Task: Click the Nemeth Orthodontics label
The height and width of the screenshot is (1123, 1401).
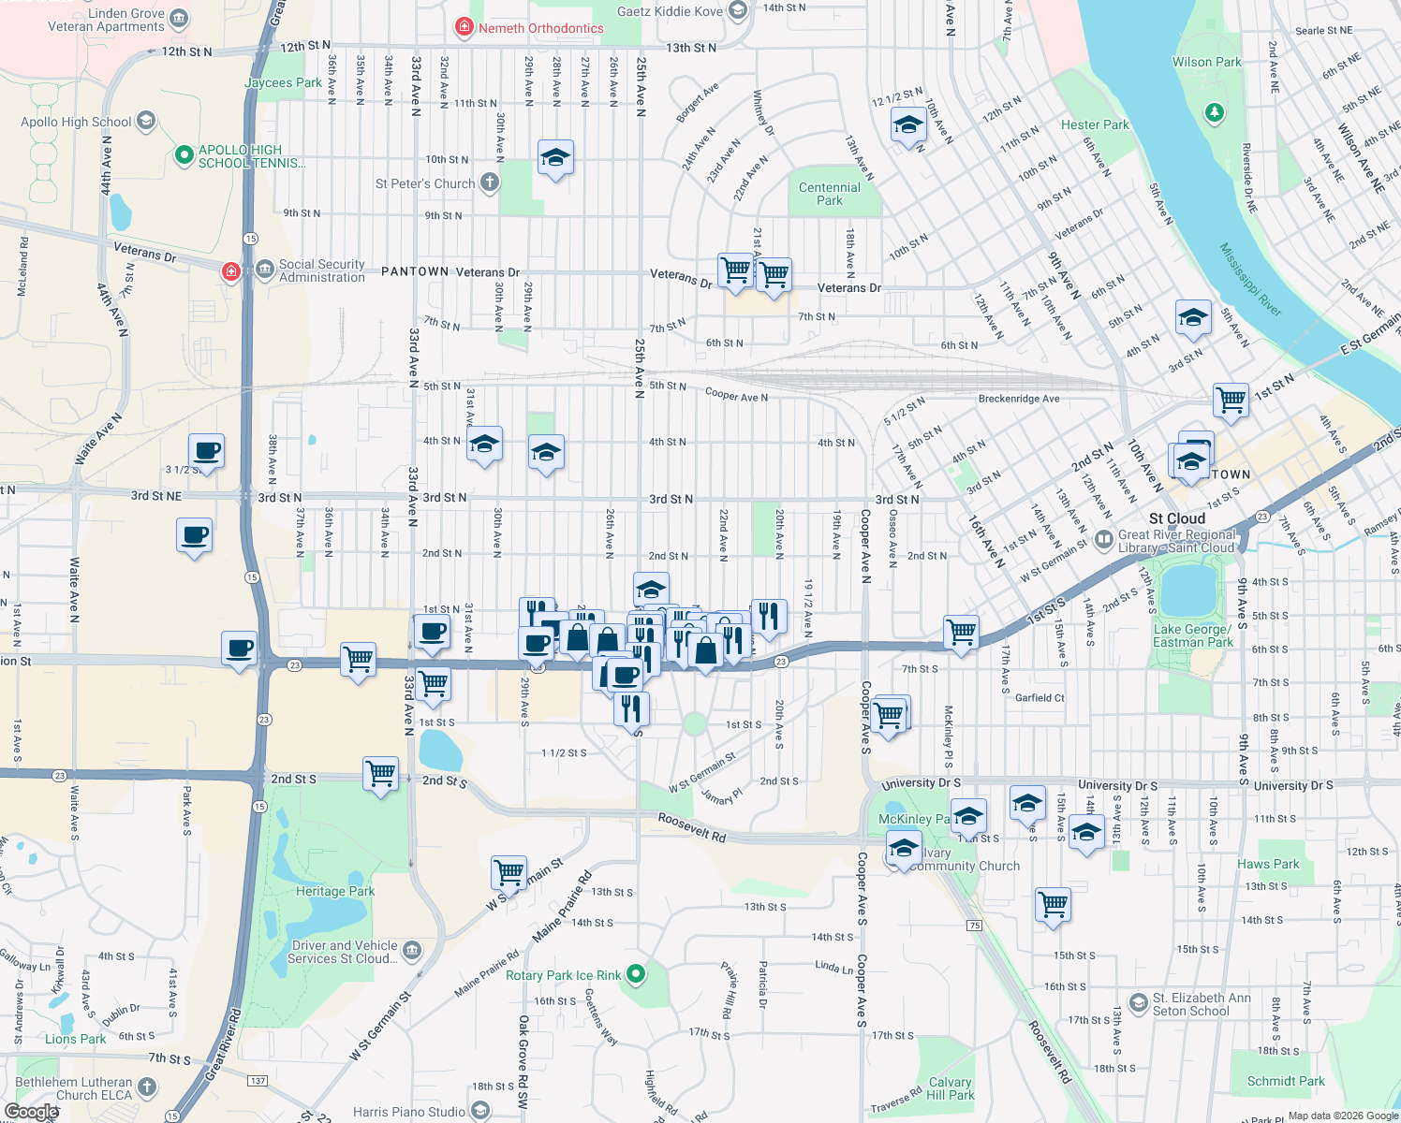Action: [540, 28]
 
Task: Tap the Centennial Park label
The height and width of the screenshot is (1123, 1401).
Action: [829, 194]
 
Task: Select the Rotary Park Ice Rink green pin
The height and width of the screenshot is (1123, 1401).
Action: [637, 975]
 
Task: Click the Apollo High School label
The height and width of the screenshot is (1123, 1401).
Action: [76, 122]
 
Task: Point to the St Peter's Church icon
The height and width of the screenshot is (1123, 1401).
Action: [490, 182]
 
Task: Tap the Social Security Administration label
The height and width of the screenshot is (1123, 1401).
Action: [321, 270]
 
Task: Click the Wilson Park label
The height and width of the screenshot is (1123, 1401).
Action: [1206, 62]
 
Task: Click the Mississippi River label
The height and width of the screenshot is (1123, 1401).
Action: [1250, 279]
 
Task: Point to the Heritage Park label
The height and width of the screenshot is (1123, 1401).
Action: [335, 891]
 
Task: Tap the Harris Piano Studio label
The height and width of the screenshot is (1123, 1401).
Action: [409, 1112]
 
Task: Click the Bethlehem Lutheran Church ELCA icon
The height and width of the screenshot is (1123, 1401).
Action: [147, 1087]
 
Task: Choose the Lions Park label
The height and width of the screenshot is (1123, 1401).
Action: [75, 1039]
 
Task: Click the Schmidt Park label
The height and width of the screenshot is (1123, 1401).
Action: [1285, 1081]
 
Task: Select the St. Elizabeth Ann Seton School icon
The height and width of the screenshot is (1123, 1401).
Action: [1138, 1004]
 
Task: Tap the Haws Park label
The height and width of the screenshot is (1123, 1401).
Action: [1268, 864]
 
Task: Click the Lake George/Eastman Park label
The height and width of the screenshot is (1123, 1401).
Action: [1192, 635]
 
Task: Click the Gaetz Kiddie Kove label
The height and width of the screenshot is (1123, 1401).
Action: [670, 11]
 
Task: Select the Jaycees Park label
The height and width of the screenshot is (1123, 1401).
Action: [283, 82]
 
